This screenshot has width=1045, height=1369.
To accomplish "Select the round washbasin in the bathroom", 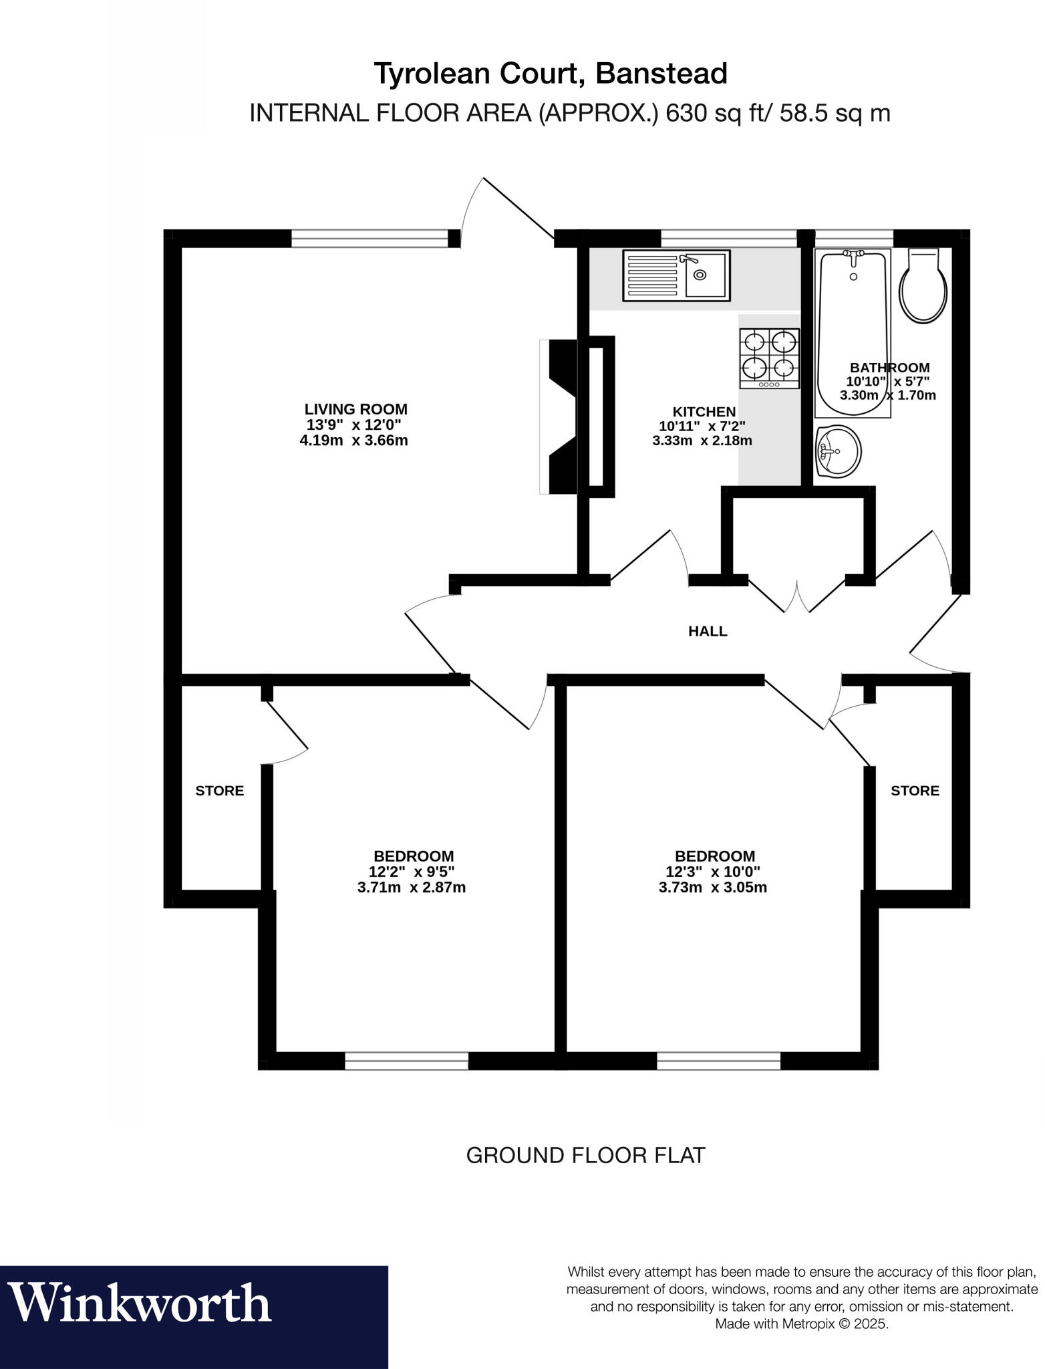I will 837,452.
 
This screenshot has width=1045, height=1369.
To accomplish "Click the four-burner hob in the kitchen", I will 769,358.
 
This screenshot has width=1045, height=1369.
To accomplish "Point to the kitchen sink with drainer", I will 676,275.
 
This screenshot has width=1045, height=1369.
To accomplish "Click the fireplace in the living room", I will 560,416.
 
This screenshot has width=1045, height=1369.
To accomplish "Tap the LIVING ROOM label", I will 355,409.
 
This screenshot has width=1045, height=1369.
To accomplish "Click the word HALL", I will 708,631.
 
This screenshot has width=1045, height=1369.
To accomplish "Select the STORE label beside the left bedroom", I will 219,791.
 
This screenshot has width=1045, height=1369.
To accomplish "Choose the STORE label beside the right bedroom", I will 915,791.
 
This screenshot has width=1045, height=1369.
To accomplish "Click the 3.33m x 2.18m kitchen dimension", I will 702,441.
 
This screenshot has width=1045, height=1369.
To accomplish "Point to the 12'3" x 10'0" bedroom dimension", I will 713,872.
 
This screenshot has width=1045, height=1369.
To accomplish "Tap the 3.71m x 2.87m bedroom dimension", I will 412,888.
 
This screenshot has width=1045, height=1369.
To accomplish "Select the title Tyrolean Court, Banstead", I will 551,74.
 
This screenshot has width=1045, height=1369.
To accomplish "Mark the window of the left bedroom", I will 406,1061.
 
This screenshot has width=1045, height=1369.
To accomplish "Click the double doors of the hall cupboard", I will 796,595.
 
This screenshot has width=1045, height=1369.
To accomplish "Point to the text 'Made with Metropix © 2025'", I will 802,1324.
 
